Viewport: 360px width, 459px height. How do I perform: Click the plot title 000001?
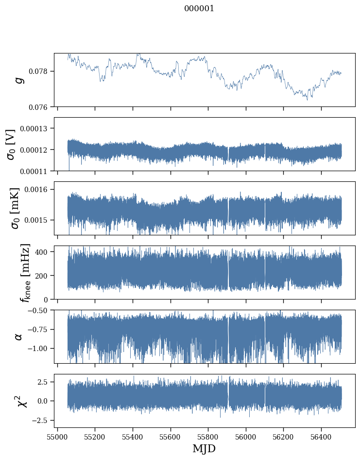(x=199, y=8)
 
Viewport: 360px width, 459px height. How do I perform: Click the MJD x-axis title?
(x=204, y=449)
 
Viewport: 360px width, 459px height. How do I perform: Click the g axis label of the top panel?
(x=19, y=80)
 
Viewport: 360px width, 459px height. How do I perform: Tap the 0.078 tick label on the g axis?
(x=41, y=71)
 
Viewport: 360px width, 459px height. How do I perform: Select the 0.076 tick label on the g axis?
(x=41, y=107)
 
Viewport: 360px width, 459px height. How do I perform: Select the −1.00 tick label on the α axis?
(x=39, y=349)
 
